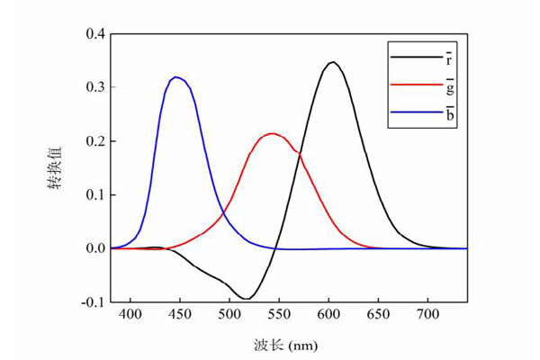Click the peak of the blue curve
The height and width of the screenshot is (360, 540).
(177, 77)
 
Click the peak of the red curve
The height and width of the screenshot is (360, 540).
(271, 134)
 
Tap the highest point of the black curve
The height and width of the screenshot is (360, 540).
(333, 62)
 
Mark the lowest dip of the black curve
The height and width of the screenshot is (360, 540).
(246, 299)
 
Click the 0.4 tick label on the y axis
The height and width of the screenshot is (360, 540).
(94, 34)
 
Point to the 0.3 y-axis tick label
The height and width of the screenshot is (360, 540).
(94, 87)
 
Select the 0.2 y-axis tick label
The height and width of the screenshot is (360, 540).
(94, 141)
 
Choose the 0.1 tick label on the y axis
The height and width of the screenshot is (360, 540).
(94, 194)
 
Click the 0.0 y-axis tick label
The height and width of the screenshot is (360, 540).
(94, 248)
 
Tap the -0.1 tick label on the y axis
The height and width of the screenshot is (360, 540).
(93, 301)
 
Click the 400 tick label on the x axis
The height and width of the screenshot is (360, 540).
(130, 315)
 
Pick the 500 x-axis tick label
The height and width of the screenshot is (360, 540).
(229, 315)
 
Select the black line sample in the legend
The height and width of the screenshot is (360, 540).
(411, 58)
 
